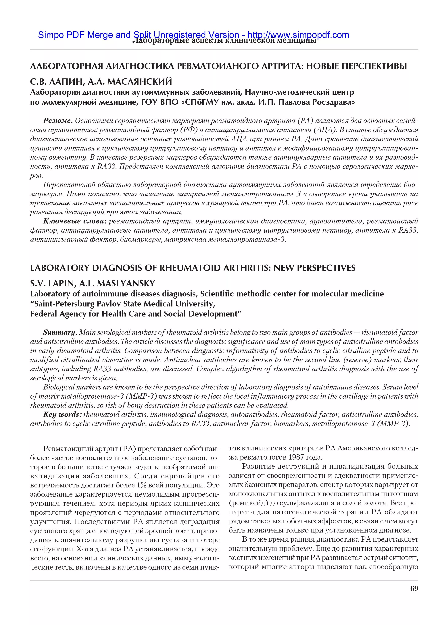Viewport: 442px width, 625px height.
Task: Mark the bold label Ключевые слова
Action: [75, 221]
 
